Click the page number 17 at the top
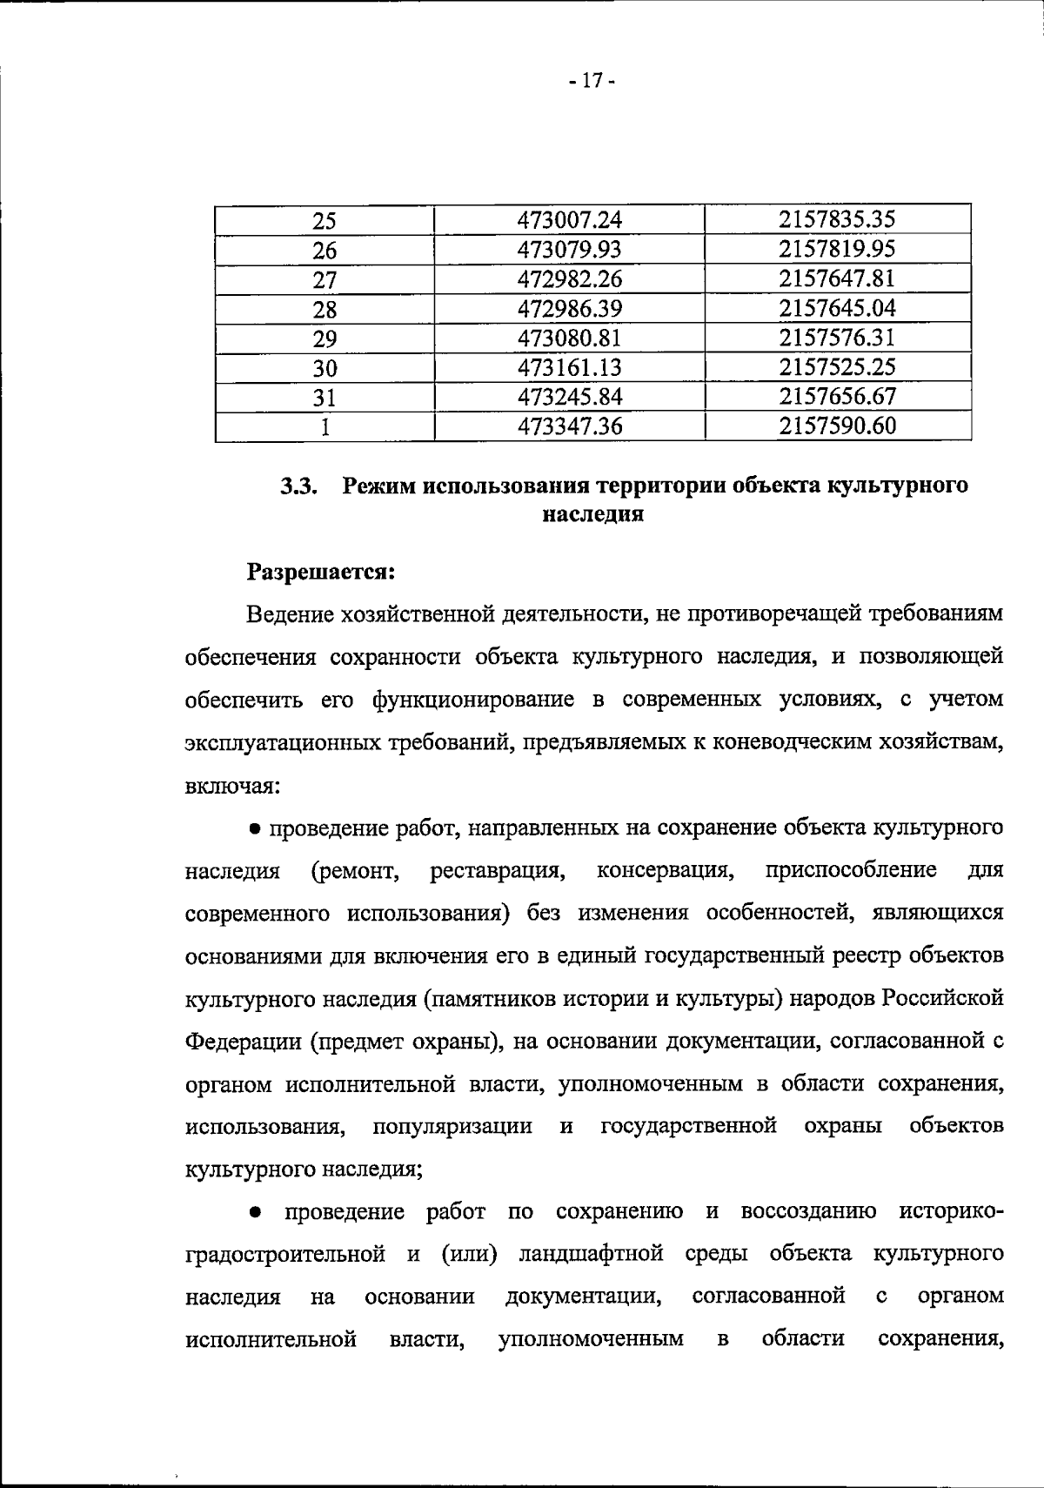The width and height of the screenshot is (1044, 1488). (592, 82)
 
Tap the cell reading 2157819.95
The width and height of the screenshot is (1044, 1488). (837, 250)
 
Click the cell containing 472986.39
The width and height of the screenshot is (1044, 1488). (570, 309)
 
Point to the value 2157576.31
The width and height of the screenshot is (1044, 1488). (837, 338)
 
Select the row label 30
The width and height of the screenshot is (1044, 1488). (325, 369)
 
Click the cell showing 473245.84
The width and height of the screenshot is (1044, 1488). (570, 397)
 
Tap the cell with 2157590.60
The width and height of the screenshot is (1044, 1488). (837, 426)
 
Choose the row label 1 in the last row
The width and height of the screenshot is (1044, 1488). (325, 427)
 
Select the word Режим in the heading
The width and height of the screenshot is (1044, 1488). (379, 486)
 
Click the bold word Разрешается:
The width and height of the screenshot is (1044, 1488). (322, 572)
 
